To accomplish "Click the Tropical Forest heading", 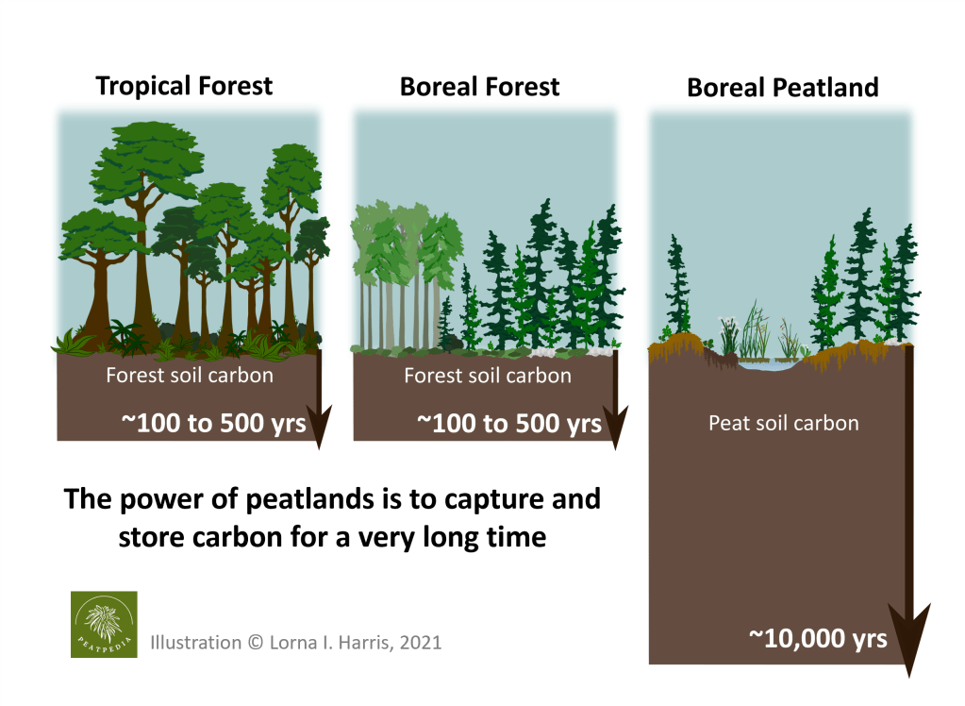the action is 184,86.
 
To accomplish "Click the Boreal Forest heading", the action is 480,87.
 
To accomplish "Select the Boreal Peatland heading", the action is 783,88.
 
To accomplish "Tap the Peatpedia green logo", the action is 104,624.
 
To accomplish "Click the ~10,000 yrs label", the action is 818,639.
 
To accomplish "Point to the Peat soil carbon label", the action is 784,423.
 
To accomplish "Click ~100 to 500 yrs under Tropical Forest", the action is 213,423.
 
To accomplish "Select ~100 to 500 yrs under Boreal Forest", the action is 509,423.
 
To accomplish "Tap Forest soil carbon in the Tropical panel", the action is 190,375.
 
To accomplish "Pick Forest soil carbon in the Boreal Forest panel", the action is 488,376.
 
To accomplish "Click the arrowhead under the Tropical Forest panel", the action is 320,426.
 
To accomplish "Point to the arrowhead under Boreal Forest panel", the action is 615,426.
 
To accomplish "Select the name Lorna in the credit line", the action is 291,643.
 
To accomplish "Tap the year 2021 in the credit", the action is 421,643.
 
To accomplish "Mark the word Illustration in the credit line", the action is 195,643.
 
